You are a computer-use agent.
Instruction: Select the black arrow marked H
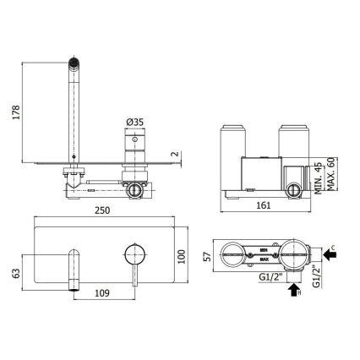pos(293,292)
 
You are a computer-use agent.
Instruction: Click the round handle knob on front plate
pos(134,252)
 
